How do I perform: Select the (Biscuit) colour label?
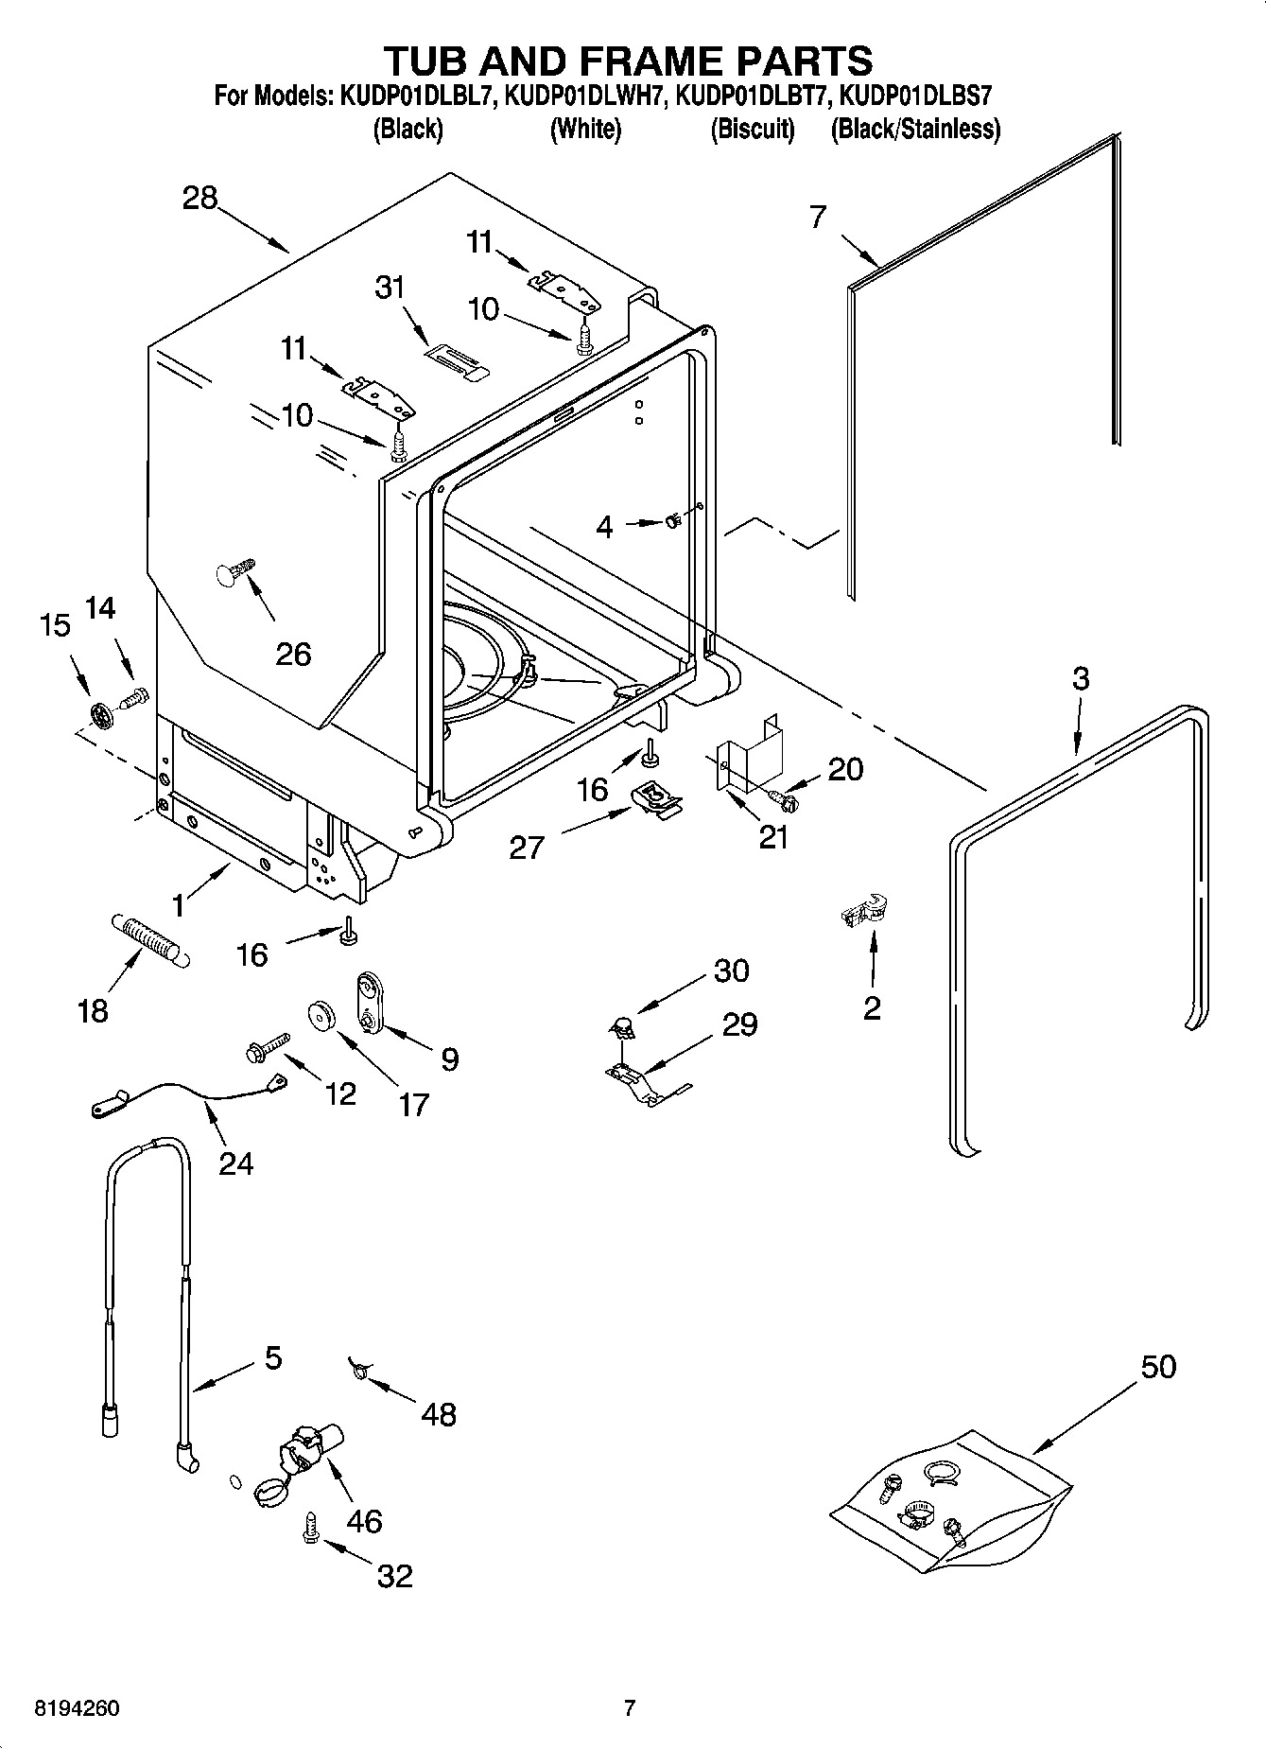pyautogui.click(x=752, y=130)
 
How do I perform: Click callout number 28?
pyautogui.click(x=199, y=199)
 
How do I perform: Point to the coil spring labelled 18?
pyautogui.click(x=151, y=939)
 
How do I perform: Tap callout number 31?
pyautogui.click(x=390, y=287)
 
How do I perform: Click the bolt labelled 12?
pyautogui.click(x=266, y=1047)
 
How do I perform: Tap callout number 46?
pyautogui.click(x=364, y=1520)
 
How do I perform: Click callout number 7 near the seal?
pyautogui.click(x=818, y=217)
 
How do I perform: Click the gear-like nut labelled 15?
pyautogui.click(x=101, y=714)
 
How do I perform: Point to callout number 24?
pyautogui.click(x=235, y=1163)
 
